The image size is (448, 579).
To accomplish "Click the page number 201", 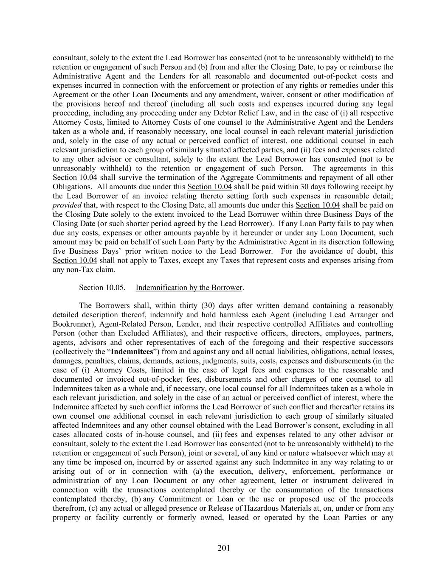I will (x=224, y=548).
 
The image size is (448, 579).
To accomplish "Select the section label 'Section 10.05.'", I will (x=102, y=288).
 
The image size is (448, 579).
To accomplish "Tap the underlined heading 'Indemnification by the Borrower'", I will (x=189, y=288).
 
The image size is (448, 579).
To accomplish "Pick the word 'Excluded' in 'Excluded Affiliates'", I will (x=137, y=333).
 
